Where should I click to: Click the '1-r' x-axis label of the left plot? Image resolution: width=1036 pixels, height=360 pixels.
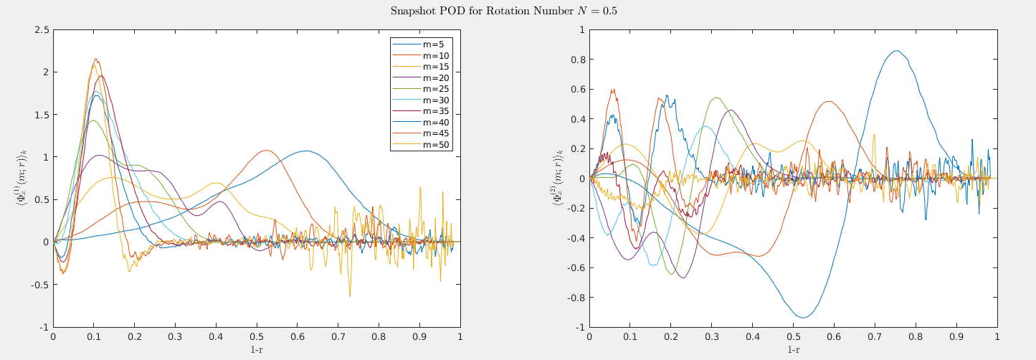coord(257,349)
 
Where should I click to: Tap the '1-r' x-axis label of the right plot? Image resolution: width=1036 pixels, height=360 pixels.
coord(794,349)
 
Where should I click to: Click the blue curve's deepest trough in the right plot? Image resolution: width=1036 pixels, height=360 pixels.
coord(804,317)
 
